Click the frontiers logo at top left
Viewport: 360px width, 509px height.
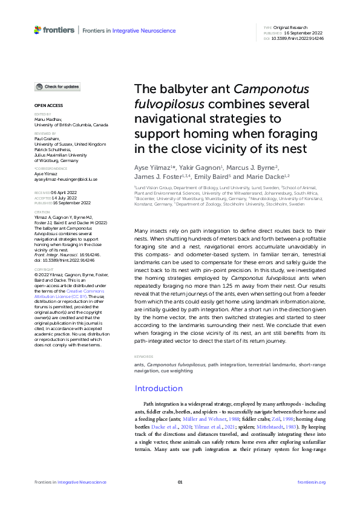(x=54, y=30)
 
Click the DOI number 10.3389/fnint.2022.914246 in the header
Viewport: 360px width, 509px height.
(x=297, y=38)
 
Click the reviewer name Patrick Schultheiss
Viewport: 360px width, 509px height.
(x=54, y=149)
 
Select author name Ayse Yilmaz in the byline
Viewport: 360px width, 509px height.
(x=153, y=167)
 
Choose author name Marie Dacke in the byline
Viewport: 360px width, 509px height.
(x=264, y=177)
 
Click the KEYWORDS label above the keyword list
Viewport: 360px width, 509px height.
(x=143, y=357)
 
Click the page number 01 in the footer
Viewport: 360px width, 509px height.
(x=180, y=482)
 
